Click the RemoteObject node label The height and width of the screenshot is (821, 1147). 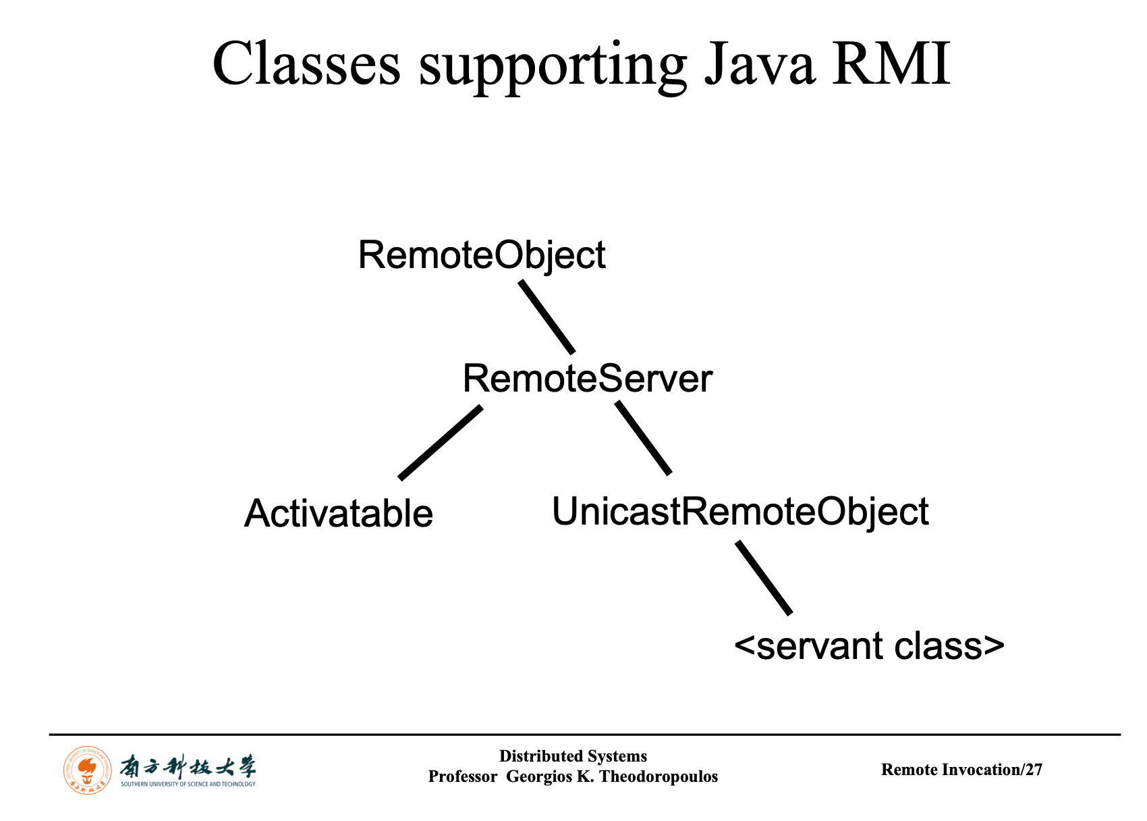[482, 256]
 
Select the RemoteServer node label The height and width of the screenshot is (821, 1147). [587, 379]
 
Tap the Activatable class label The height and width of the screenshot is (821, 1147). [338, 514]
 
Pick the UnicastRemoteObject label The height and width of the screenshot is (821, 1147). [740, 511]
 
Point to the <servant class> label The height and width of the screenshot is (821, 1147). [869, 646]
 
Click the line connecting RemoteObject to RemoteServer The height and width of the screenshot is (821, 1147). [547, 317]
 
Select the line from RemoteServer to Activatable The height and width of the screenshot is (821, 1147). [441, 442]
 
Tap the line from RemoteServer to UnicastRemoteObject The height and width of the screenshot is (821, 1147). [643, 438]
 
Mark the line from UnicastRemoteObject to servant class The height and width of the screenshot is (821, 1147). [764, 577]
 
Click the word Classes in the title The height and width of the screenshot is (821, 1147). [306, 65]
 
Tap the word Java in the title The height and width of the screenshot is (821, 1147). [758, 65]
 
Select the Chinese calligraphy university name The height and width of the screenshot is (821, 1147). [188, 767]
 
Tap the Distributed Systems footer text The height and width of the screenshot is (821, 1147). [573, 756]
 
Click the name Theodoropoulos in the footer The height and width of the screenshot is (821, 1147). [659, 776]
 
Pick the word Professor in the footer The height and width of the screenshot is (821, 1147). [463, 776]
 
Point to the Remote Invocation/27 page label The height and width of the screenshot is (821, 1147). [961, 770]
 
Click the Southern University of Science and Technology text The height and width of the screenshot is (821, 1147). [188, 785]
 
